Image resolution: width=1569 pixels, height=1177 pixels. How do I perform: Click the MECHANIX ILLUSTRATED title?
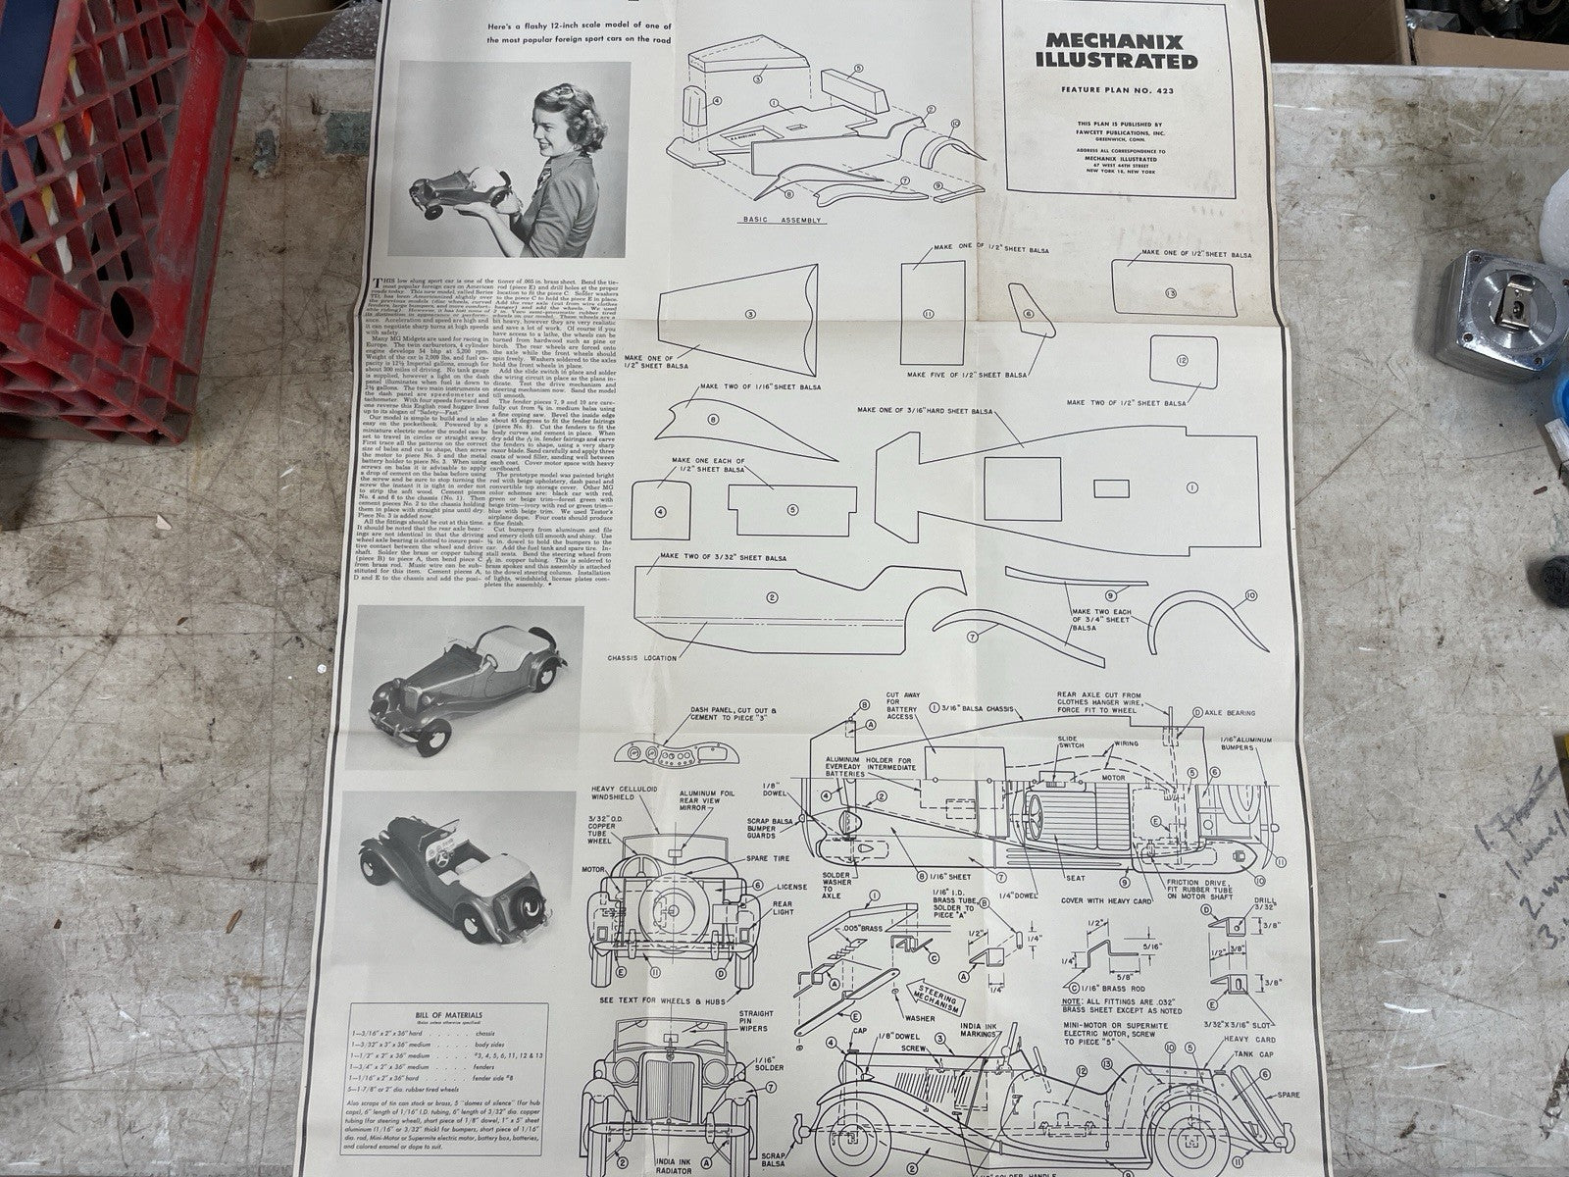tap(1120, 51)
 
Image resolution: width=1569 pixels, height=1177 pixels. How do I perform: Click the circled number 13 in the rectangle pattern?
tap(1170, 293)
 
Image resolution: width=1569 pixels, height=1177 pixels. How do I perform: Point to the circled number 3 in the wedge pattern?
tap(750, 314)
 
